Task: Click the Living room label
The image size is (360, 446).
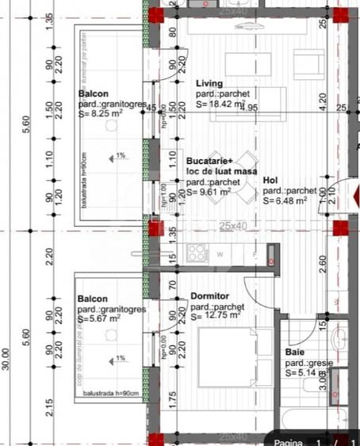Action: [209, 83]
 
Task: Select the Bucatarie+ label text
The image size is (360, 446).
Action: [209, 161]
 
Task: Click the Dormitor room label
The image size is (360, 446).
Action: [209, 296]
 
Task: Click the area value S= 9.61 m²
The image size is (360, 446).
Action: [209, 191]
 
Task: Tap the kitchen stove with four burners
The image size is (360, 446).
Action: [197, 253]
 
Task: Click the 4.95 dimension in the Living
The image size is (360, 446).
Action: [251, 107]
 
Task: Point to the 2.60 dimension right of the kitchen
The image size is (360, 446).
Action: [322, 261]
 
